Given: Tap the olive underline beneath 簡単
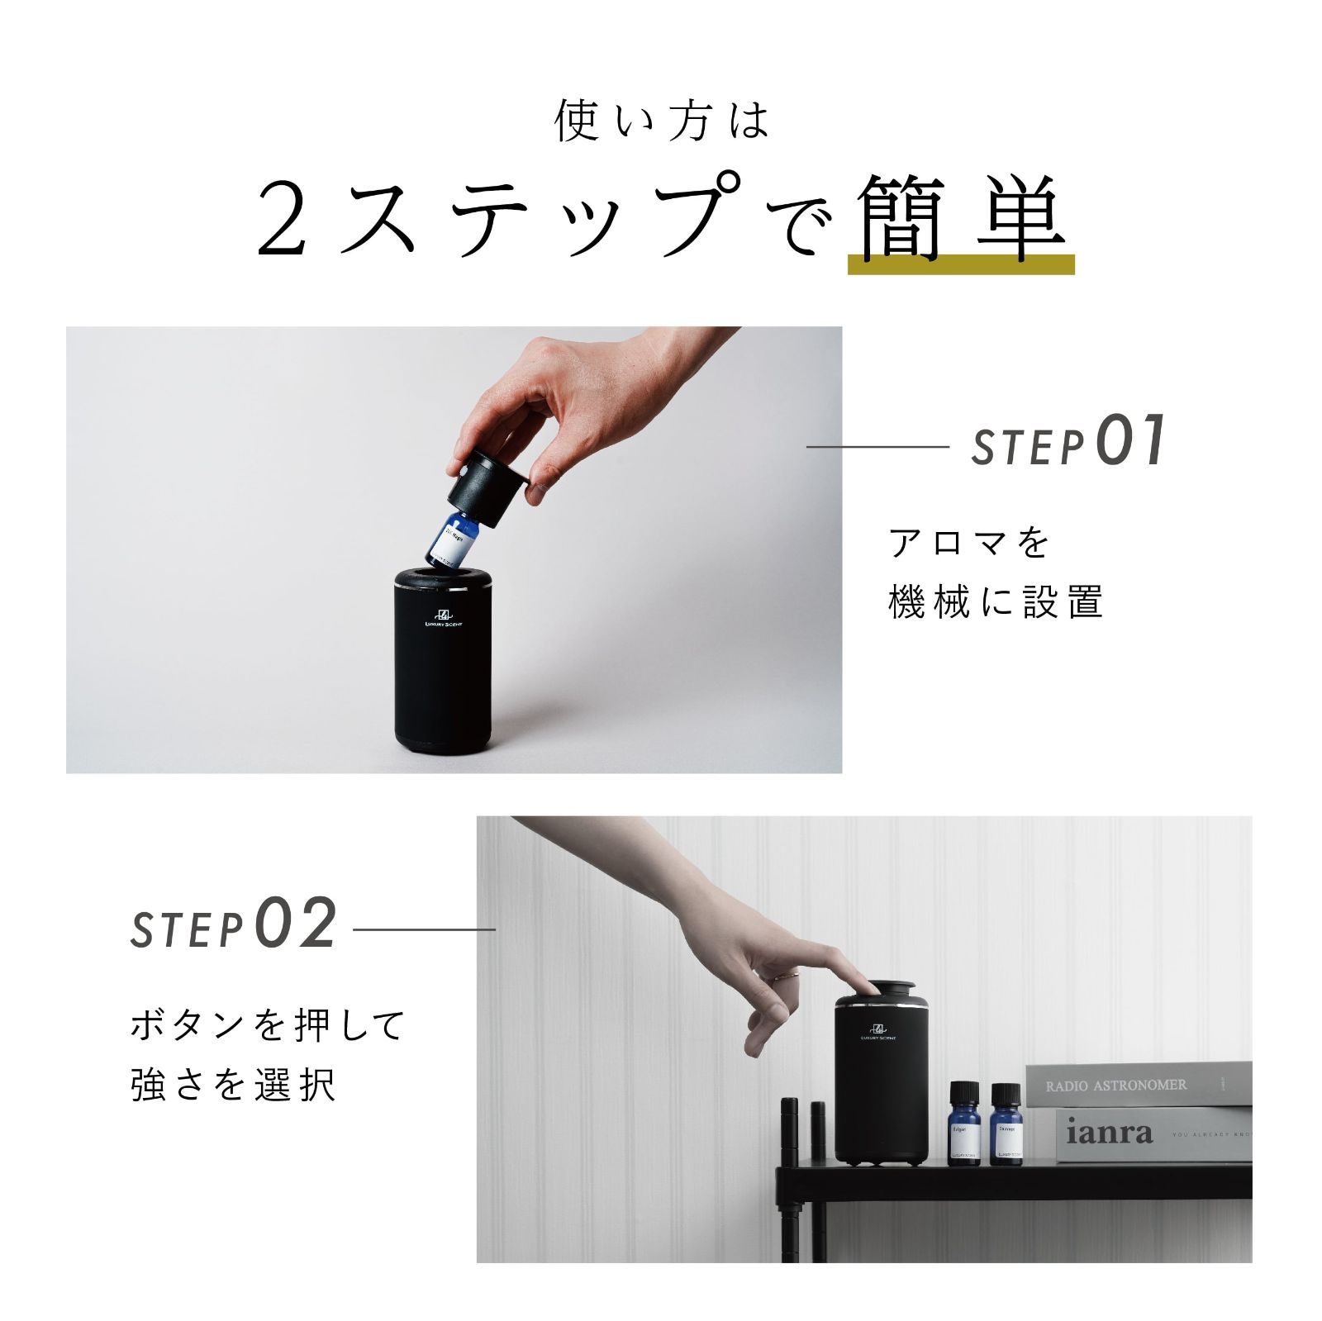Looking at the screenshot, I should coord(961,264).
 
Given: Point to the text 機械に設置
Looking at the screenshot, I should coord(996,601).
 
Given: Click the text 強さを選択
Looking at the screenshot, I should coord(234,1085).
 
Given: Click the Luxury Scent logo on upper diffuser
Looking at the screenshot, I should coord(443,619).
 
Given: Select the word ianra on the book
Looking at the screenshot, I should coord(1109,1132).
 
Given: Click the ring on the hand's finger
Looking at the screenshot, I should coord(792,977).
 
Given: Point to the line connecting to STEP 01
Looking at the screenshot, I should coord(877,447).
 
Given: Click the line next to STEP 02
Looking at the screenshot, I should coord(424,929).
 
